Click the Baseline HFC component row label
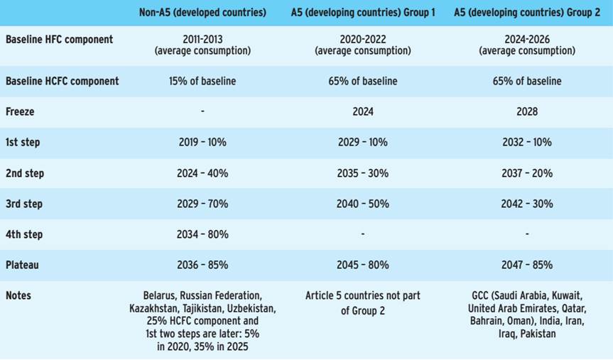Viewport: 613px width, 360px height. point(59,39)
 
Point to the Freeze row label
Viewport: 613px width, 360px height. point(20,111)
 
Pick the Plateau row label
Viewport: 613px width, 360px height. point(23,265)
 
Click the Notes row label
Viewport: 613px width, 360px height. point(18,295)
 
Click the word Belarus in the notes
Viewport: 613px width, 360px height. point(159,295)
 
